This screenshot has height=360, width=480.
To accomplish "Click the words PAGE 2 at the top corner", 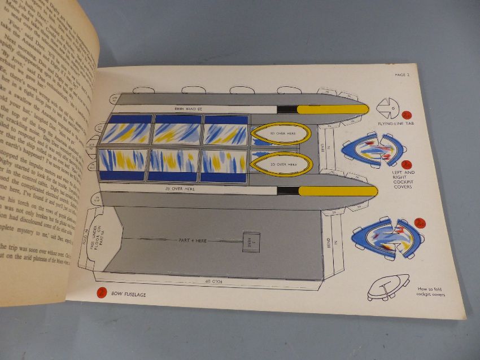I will (x=404, y=74).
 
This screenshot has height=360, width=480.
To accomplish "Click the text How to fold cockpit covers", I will (x=430, y=291).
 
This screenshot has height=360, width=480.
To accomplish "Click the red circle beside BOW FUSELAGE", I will (x=102, y=293).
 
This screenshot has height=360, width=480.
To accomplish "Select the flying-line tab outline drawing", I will (x=390, y=106).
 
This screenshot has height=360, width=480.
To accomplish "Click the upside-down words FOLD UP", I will (x=216, y=280).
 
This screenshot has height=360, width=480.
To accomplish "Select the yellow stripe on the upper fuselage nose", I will (x=331, y=108).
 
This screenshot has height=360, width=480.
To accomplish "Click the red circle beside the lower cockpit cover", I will (x=420, y=224).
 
